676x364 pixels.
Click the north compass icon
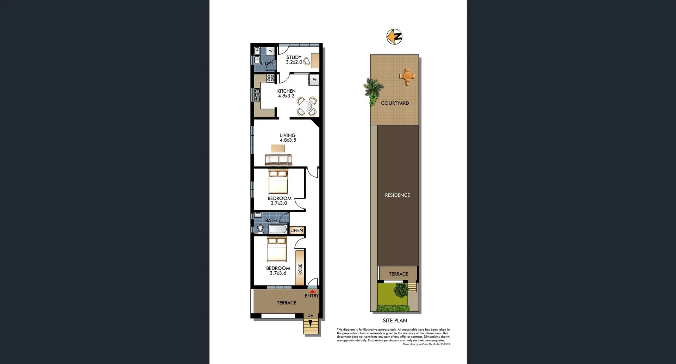point(394,37)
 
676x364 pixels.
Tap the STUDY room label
point(294,57)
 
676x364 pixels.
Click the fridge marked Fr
point(314,80)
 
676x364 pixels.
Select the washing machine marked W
point(271,51)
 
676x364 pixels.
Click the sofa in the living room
point(278,160)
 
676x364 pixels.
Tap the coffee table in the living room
point(278,148)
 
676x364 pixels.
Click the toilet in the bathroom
point(260,229)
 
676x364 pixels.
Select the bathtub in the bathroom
point(278,230)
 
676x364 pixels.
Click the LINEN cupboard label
point(296,230)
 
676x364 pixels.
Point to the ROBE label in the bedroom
point(300,269)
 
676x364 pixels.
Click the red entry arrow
point(312,291)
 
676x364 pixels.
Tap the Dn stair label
point(310,315)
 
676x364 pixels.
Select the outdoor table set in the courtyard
point(407,76)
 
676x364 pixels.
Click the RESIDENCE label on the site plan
point(397,195)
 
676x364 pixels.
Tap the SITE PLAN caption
point(395,321)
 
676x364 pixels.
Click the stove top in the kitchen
point(270,78)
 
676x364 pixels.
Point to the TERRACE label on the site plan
point(399,274)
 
